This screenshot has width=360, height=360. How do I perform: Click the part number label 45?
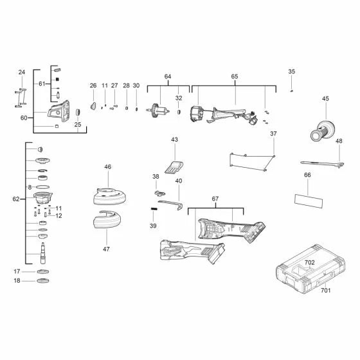click(325, 98)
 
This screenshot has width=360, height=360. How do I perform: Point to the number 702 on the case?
click(310, 263)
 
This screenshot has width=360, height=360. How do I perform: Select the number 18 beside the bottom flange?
click(17, 281)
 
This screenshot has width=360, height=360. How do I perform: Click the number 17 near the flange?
click(17, 271)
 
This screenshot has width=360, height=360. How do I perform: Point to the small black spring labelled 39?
click(154, 208)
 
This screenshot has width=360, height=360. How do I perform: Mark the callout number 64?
click(168, 77)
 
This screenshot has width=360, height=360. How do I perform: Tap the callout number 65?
click(235, 77)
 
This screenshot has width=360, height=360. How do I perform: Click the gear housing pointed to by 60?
click(60, 113)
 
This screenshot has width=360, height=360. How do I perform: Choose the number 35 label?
click(291, 71)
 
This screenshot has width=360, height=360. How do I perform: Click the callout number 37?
click(273, 134)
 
